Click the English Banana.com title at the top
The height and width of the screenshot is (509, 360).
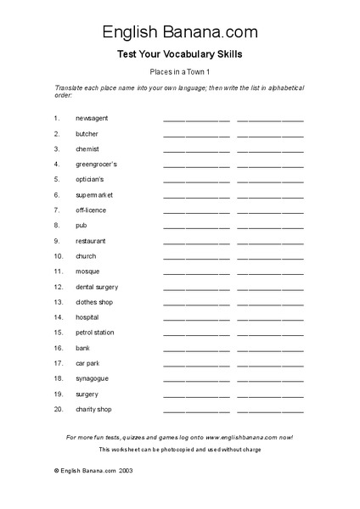[180, 32]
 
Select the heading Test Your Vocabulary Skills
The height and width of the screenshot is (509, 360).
[180, 55]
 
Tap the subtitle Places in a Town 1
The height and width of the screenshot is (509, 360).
[180, 73]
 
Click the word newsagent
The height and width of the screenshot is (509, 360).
[92, 118]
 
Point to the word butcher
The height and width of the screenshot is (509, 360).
[87, 133]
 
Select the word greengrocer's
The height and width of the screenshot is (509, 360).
[96, 164]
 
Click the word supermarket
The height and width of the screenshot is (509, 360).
[94, 194]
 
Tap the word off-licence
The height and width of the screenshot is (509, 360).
[91, 210]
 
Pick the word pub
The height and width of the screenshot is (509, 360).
[82, 225]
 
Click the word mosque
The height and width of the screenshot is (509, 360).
[87, 271]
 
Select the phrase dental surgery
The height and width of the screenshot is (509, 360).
[97, 287]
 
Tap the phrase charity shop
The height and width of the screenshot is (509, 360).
[93, 409]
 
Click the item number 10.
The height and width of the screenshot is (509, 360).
[58, 255]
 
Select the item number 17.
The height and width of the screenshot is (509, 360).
[58, 363]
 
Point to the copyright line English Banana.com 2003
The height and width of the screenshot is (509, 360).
[92, 469]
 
